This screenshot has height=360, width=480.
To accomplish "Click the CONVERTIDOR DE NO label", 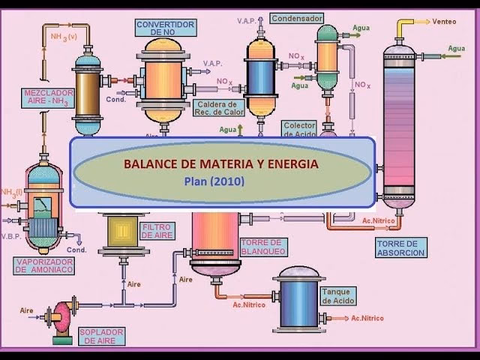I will pos(166,28).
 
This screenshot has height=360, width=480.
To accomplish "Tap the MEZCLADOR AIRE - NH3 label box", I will pos(48,97).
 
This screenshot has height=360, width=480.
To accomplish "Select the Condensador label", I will pos(298,17).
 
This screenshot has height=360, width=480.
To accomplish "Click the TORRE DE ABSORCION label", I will pos(401,247).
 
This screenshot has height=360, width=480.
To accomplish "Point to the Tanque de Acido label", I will pos(338,295).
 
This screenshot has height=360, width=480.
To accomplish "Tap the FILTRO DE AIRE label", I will pos(157,231).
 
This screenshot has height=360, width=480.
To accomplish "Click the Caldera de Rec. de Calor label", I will pos(215,108).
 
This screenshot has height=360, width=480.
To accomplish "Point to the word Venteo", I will pos(444,22).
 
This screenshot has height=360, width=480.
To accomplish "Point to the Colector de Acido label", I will pos(300,129).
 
